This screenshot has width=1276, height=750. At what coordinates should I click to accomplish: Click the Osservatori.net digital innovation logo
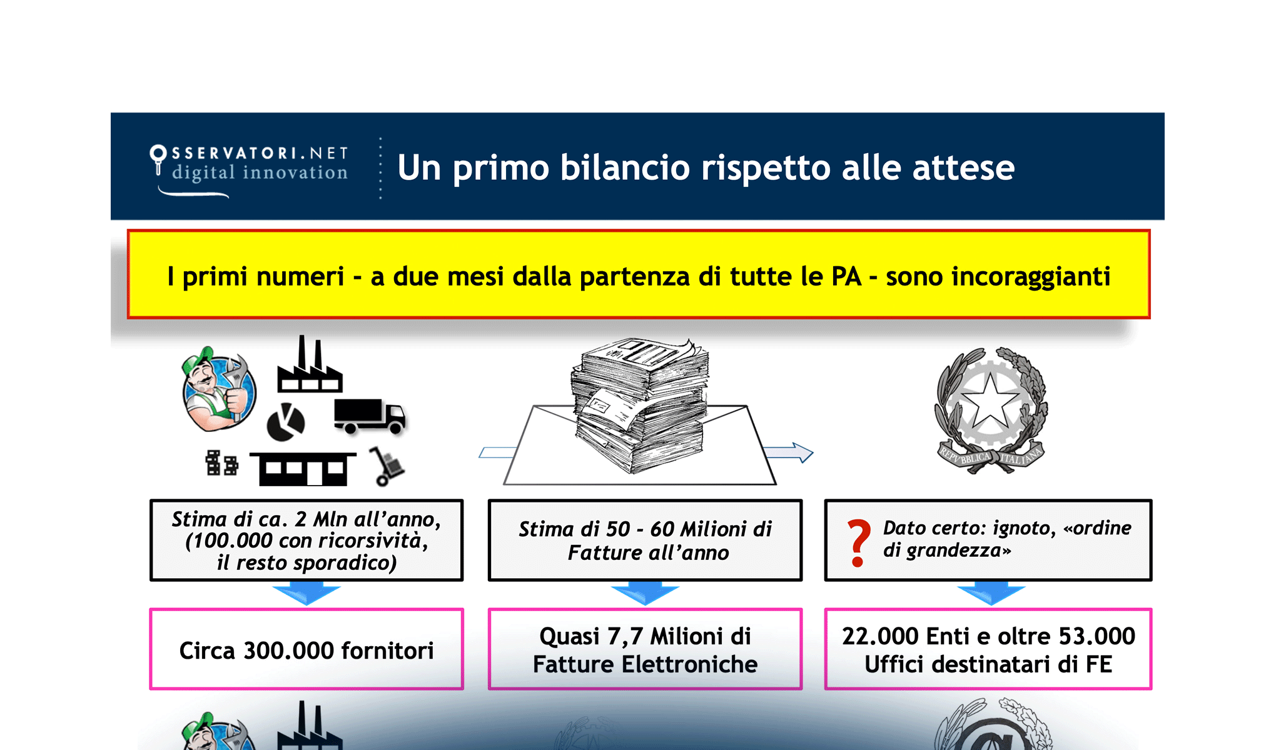pos(249,167)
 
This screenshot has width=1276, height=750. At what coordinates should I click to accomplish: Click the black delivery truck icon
pos(369,416)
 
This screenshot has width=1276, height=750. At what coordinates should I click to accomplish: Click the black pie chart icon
pos(286,422)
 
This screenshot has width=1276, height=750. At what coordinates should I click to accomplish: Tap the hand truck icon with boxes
pos(386,466)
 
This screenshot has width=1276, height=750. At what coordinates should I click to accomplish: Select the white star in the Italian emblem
pos(990,400)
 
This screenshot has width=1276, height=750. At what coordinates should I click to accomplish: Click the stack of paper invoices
pos(641,403)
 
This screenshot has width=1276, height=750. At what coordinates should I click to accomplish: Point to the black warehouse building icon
pos(303,469)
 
